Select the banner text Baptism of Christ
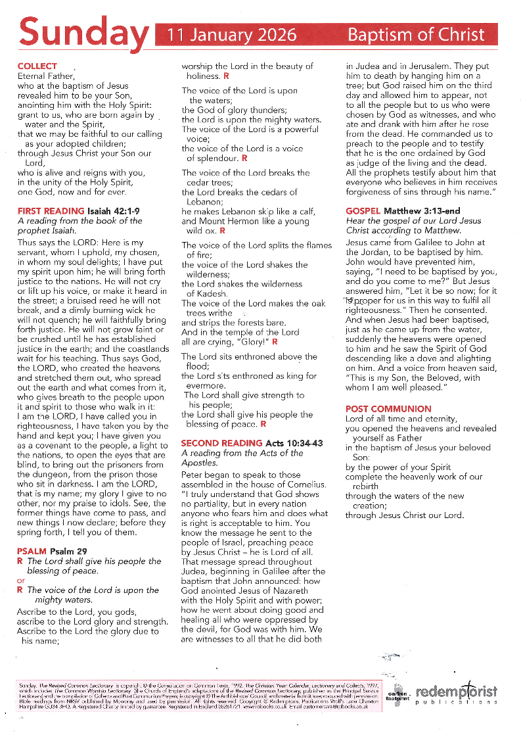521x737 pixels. (x=415, y=35)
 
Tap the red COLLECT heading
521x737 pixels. (x=37, y=66)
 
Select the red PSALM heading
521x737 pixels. (x=32, y=551)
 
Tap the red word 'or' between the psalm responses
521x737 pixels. (x=21, y=581)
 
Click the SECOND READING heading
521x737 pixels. (x=222, y=443)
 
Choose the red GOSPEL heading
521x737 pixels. (x=365, y=211)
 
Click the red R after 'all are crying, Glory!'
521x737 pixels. (x=275, y=342)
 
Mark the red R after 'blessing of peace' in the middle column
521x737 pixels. (x=263, y=424)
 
